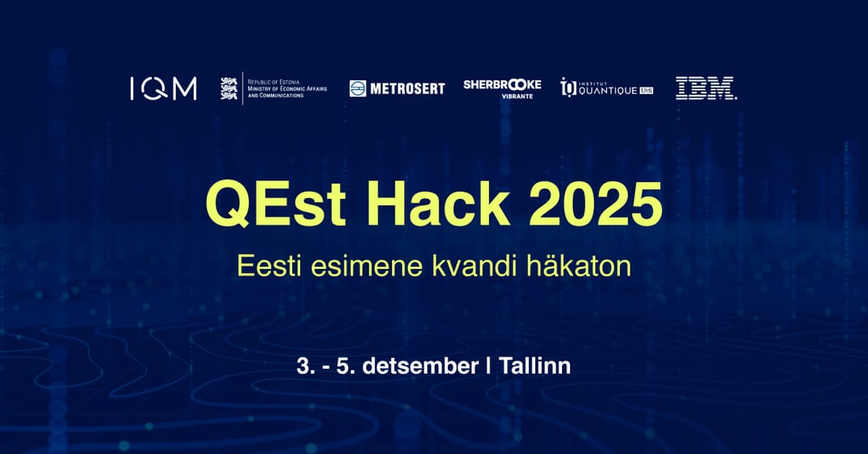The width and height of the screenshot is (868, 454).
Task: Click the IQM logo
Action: tap(163, 89)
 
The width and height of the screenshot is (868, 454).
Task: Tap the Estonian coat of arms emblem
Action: tap(230, 89)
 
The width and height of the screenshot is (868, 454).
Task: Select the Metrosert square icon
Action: tap(358, 89)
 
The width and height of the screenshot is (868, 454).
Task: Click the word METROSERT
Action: tap(407, 89)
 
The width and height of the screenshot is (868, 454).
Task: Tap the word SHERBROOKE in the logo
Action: tap(502, 84)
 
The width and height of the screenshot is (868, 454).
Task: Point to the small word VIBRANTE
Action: tap(517, 97)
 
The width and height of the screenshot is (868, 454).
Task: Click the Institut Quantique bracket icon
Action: tap(569, 88)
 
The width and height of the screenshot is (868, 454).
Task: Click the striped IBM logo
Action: tap(706, 89)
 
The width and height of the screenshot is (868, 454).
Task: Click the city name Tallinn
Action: tap(535, 365)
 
